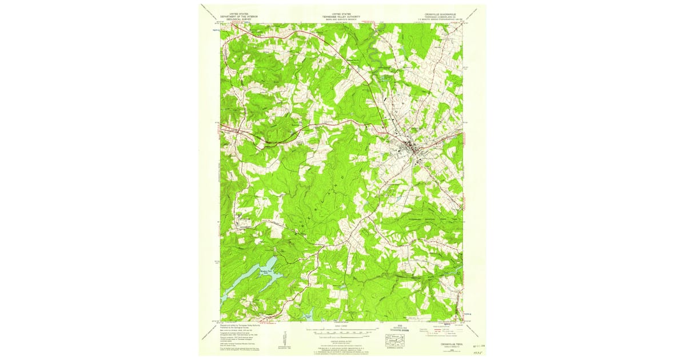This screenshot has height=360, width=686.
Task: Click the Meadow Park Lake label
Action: tap(264, 272)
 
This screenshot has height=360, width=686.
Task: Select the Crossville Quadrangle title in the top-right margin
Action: tap(440, 14)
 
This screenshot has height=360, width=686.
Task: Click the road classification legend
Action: tap(446, 330)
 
